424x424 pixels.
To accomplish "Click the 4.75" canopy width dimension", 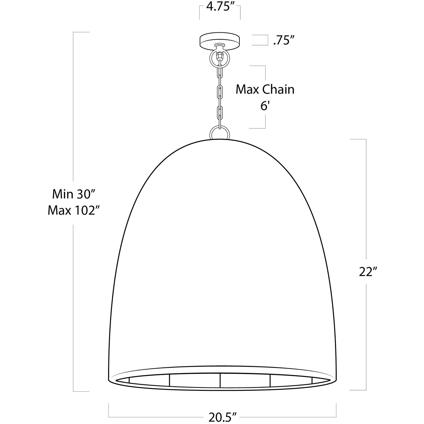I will tap(220, 7).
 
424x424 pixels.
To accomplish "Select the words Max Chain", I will tap(265, 89).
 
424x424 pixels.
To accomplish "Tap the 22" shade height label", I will tap(367, 272).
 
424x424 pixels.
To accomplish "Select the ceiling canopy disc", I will tap(220, 39).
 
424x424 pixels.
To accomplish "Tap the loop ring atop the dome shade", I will tap(220, 133).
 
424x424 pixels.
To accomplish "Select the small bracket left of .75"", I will tap(266, 40).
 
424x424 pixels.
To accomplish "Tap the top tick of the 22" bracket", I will tap(359, 139).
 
